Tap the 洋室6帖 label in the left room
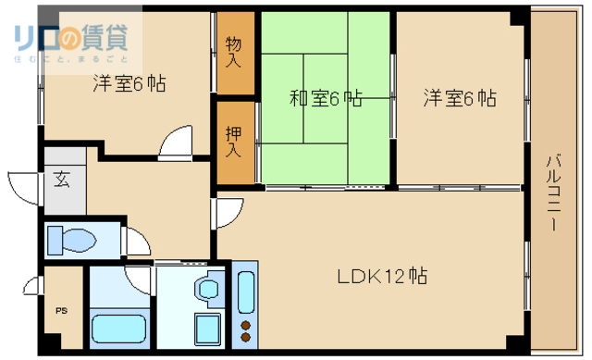(129, 83)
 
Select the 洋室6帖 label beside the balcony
(459, 97)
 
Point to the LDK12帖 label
(381, 276)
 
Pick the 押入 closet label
(233, 141)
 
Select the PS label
(62, 312)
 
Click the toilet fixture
(71, 241)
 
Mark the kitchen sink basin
(245, 291)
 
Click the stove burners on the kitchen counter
(245, 326)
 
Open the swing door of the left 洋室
(174, 144)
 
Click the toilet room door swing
(135, 240)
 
